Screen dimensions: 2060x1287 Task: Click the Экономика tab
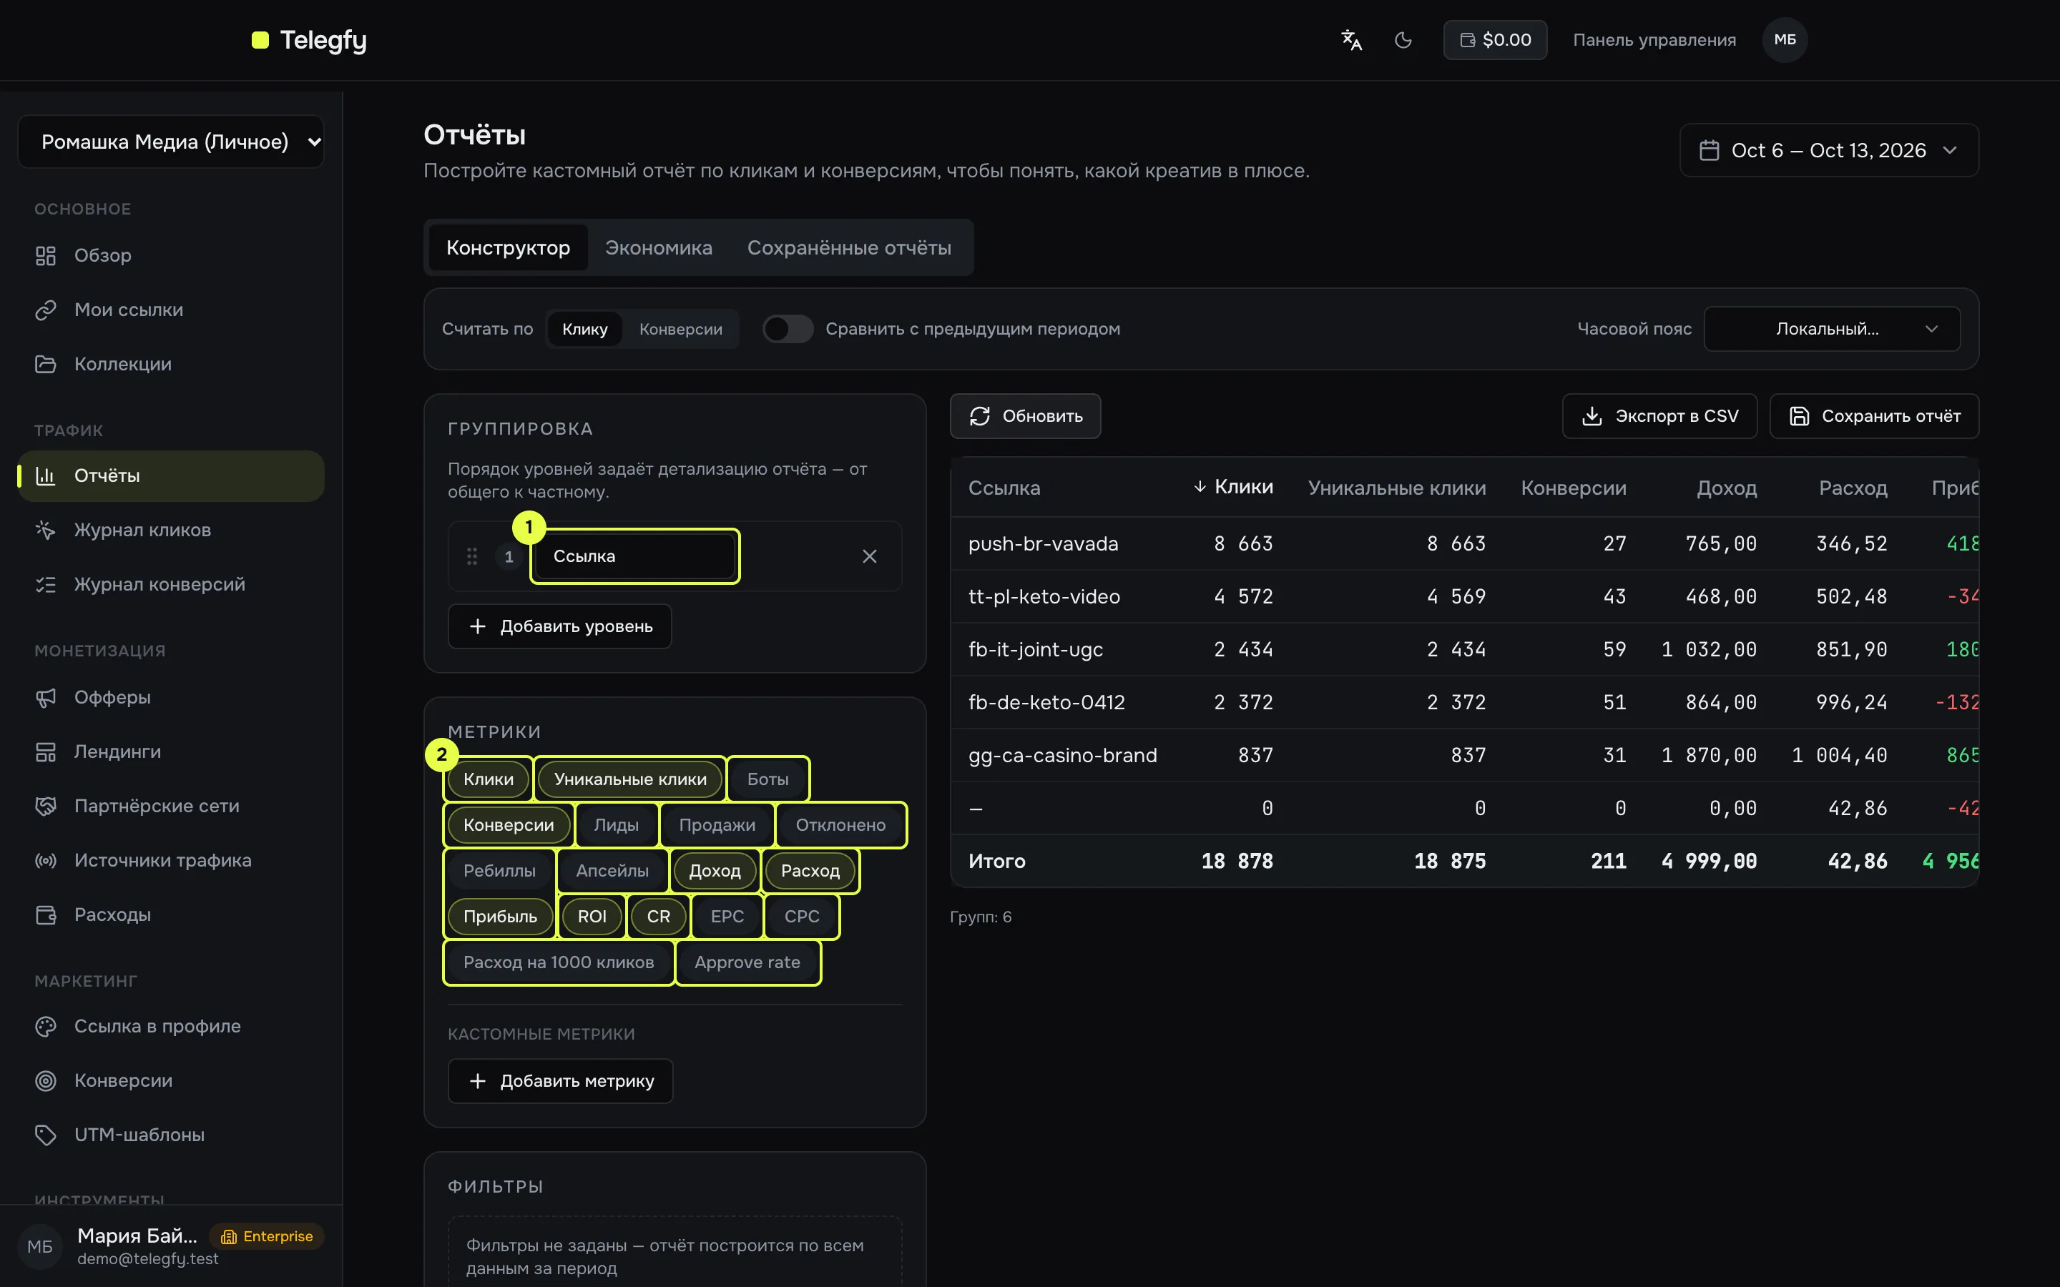[x=658, y=247]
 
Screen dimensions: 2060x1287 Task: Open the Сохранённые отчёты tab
[x=849, y=247]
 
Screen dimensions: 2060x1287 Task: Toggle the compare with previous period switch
[x=788, y=329]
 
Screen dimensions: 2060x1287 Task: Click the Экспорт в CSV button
[x=1659, y=416]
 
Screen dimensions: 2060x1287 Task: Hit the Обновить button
[x=1025, y=416]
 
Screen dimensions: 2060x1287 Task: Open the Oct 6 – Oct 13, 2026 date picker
[x=1828, y=151]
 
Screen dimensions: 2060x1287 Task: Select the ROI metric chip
[x=592, y=917]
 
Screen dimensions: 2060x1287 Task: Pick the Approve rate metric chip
[x=747, y=962]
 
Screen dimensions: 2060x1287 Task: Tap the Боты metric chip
[x=767, y=779]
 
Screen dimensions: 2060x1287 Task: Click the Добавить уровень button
[x=560, y=626]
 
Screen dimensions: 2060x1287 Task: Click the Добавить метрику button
[x=561, y=1081]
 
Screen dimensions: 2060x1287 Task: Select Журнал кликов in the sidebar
[x=142, y=531]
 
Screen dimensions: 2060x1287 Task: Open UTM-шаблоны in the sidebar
[x=139, y=1135]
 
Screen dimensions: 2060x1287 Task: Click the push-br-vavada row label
[x=1043, y=544]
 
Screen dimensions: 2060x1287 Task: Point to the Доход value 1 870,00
[x=1708, y=756]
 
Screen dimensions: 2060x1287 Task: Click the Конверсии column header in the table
[x=1573, y=488]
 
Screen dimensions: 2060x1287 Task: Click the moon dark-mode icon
[x=1403, y=40]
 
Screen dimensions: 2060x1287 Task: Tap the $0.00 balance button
[x=1495, y=40]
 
